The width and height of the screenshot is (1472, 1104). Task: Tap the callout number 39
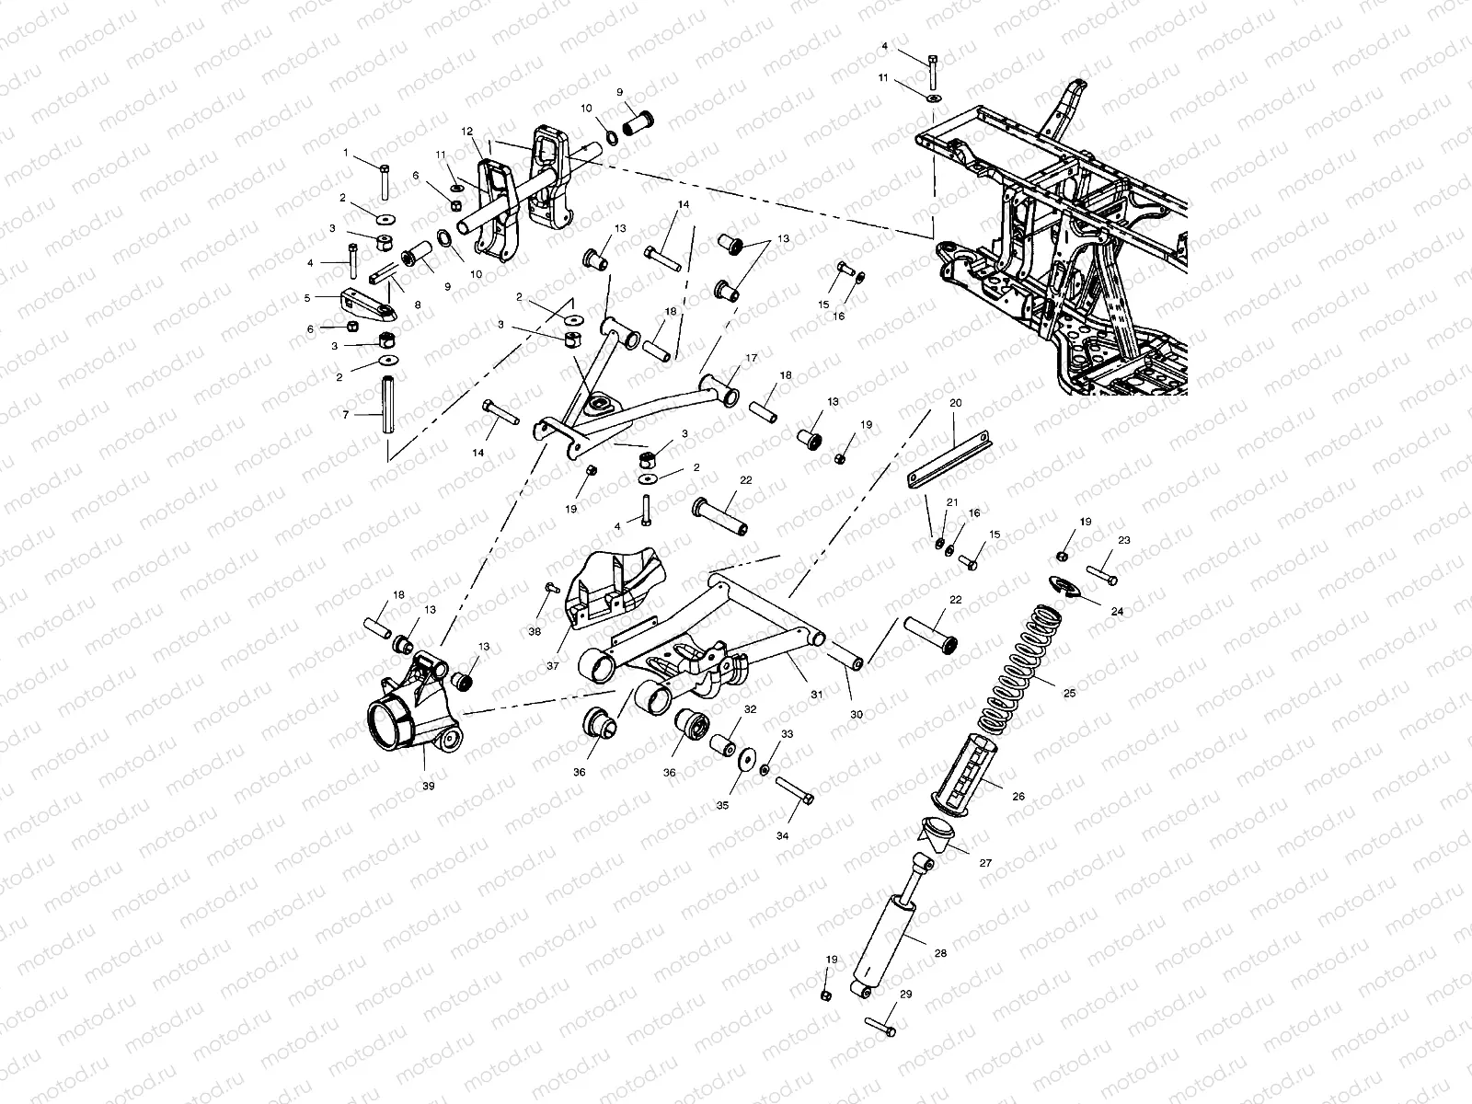tap(428, 787)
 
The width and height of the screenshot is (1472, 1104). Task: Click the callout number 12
tap(466, 132)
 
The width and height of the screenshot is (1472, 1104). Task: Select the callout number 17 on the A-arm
tap(752, 357)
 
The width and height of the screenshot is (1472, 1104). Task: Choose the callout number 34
tap(782, 835)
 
